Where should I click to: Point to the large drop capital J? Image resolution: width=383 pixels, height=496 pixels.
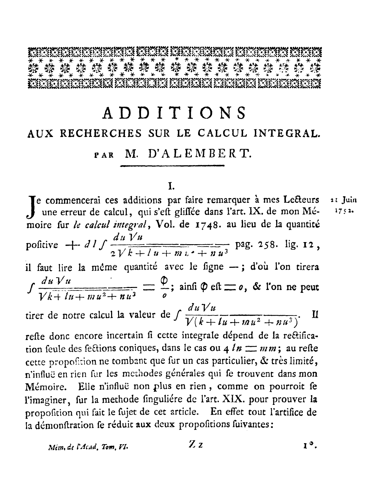point(33,206)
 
